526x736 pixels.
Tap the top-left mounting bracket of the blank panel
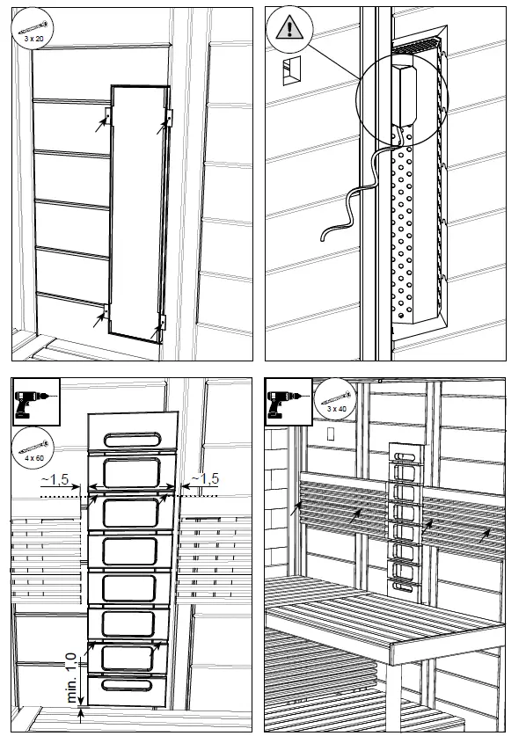(x=107, y=116)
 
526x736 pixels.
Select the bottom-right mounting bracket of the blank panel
(x=160, y=326)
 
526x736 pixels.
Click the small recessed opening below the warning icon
(x=290, y=74)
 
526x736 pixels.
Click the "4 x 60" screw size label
(x=33, y=457)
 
